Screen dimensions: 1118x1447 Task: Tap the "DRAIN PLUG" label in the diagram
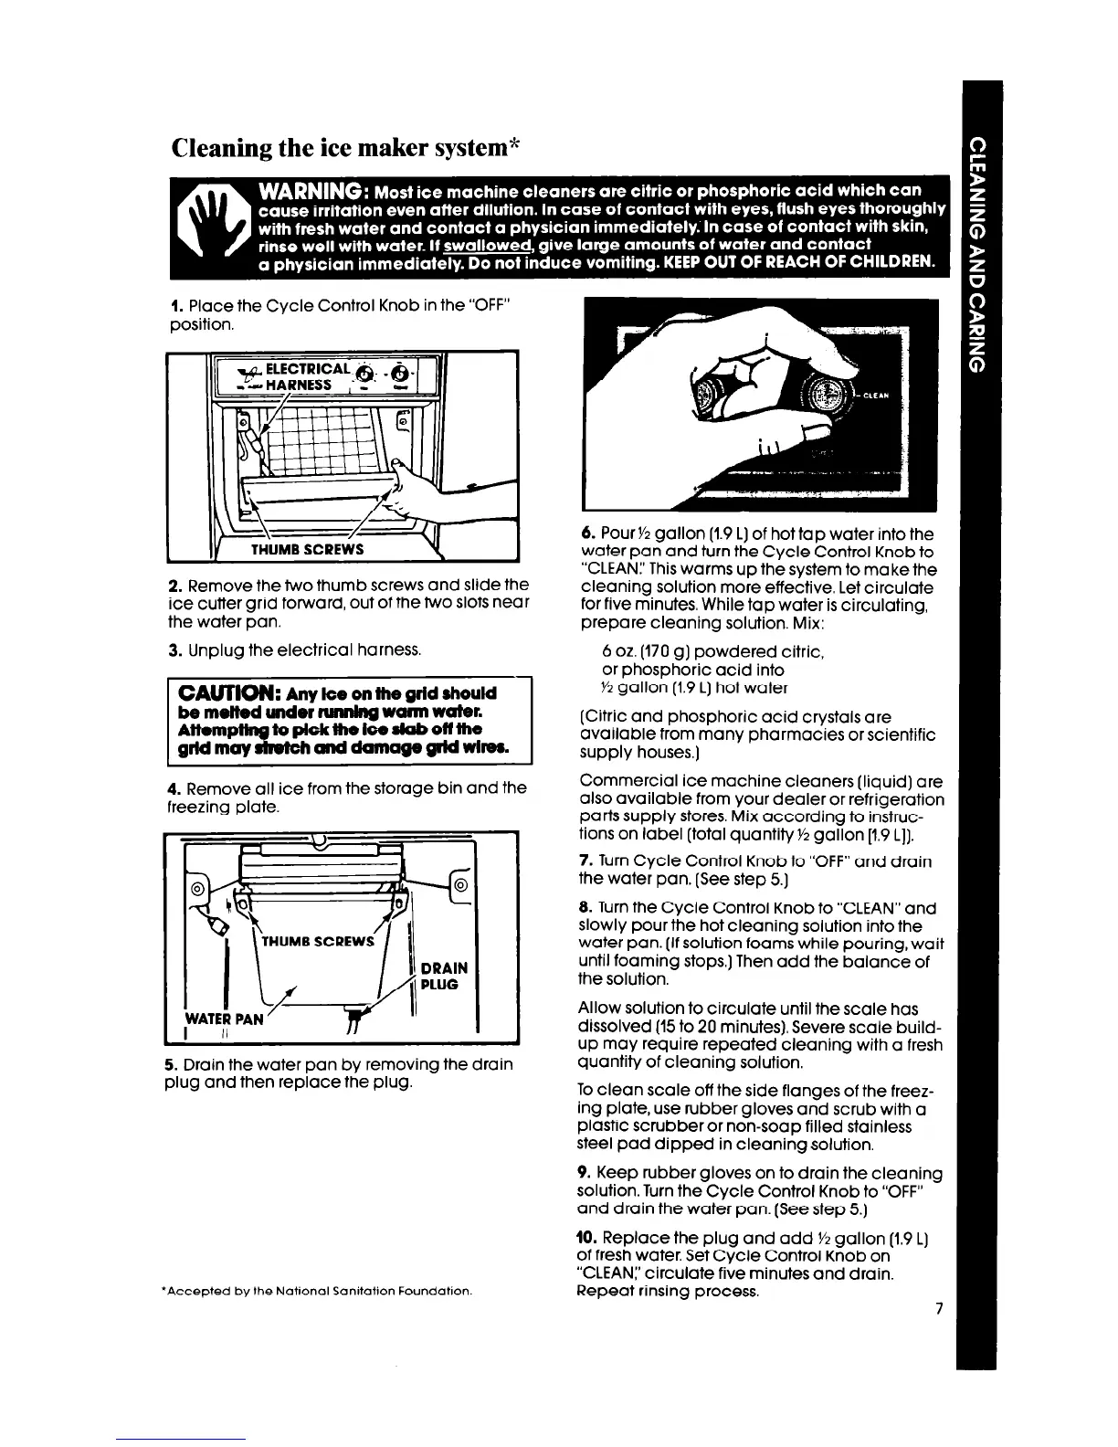pyautogui.click(x=447, y=976)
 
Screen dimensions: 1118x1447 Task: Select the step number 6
pyautogui.click(x=585, y=533)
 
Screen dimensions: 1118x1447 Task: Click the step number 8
pyautogui.click(x=585, y=908)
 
